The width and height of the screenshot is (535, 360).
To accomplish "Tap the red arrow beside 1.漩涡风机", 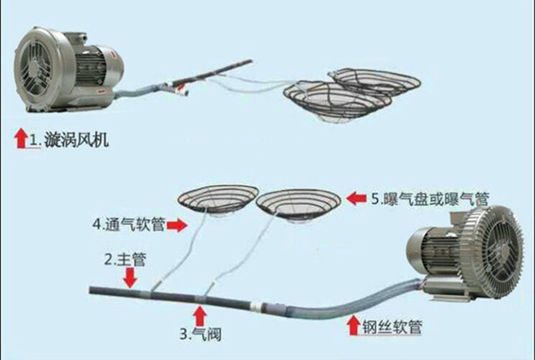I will coord(20,138).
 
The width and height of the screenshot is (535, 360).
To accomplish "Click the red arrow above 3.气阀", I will coord(200,314).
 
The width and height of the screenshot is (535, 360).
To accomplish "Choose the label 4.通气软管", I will coord(128,225).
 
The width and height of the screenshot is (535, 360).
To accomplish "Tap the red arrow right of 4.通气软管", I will coord(178,225).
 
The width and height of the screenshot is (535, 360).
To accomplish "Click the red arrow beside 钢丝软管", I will coord(352,327).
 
